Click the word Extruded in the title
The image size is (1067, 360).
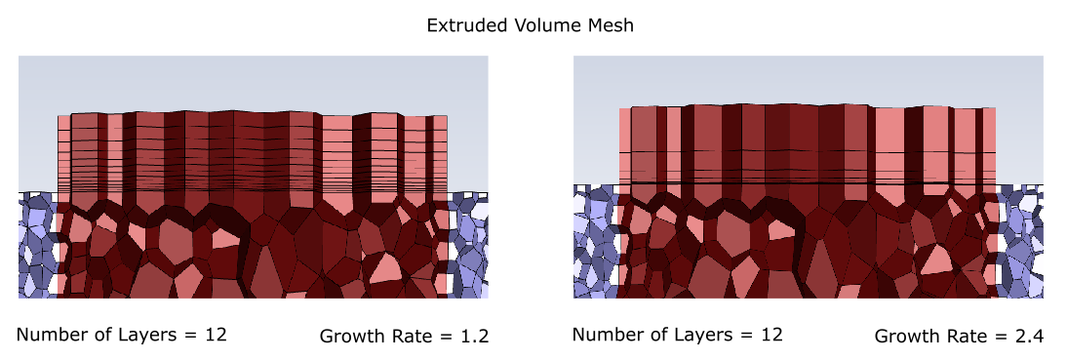pyautogui.click(x=463, y=25)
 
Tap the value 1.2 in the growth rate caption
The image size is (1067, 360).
pyautogui.click(x=474, y=337)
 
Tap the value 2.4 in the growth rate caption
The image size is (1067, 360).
pyautogui.click(x=1029, y=337)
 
